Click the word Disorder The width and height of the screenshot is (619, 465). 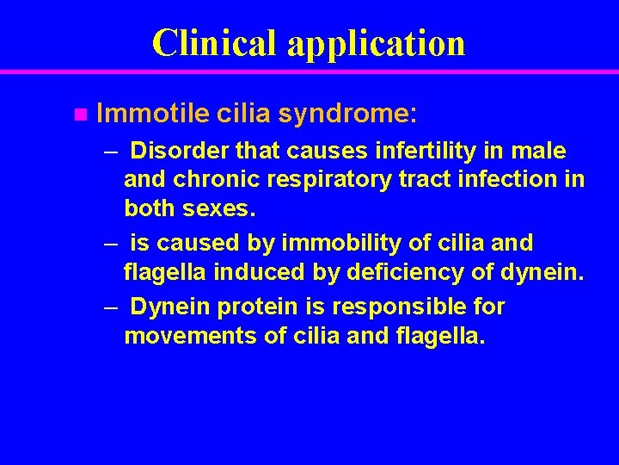[181, 152]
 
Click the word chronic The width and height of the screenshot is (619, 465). [211, 180]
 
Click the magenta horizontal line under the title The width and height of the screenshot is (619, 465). [309, 72]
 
